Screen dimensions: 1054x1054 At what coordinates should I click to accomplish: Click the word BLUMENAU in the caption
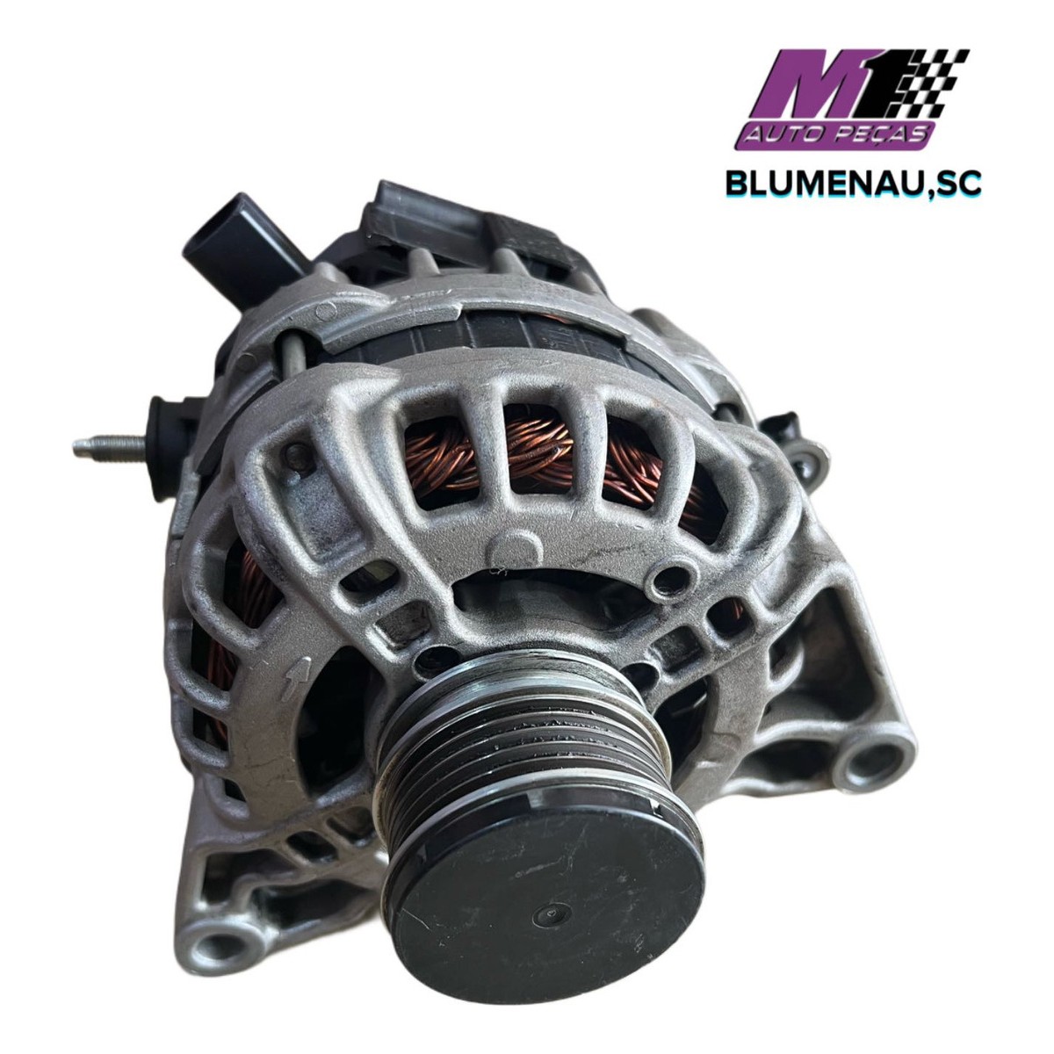point(831,184)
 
